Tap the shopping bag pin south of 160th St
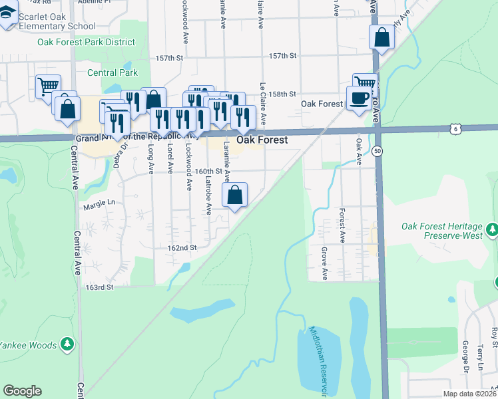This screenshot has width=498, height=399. pyautogui.click(x=235, y=196)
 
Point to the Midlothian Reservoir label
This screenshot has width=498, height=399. pyautogui.click(x=315, y=352)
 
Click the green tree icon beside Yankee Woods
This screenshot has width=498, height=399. pyautogui.click(x=67, y=344)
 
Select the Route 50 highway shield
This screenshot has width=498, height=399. pyautogui.click(x=377, y=151)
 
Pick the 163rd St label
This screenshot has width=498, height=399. pyautogui.click(x=100, y=287)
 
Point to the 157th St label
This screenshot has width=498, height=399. pyautogui.click(x=282, y=57)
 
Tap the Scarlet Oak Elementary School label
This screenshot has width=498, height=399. pyautogui.click(x=58, y=21)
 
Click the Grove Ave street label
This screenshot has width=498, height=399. pyautogui.click(x=325, y=263)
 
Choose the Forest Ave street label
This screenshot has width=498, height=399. pyautogui.click(x=342, y=226)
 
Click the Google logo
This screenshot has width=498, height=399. pyautogui.click(x=23, y=391)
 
